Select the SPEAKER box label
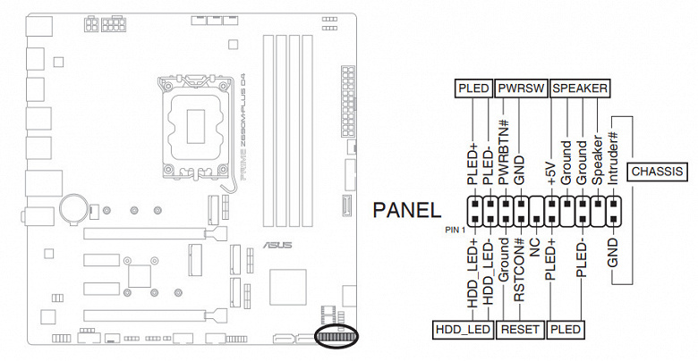coord(580,89)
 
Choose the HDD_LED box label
coord(463,330)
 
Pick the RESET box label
coord(519,330)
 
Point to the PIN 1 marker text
coord(455,230)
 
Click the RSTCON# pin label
coord(519,272)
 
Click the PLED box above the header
coord(473,89)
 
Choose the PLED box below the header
coord(566,330)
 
